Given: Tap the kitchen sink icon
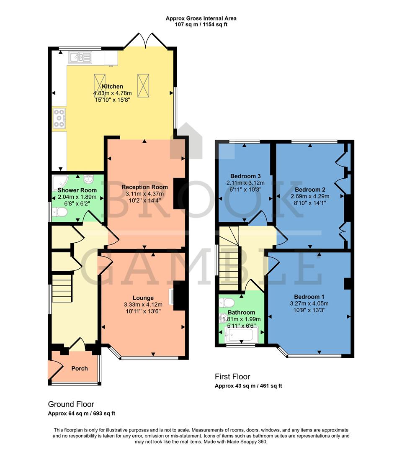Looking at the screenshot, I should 81,57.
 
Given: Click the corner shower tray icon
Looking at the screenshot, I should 59,182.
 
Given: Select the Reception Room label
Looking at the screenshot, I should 144,187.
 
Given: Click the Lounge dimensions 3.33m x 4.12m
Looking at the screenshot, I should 143,305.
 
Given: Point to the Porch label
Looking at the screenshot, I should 80,368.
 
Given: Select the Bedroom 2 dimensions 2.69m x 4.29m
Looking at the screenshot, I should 309,196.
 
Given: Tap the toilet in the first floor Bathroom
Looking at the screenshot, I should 227,302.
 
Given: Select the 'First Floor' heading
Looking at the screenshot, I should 232,377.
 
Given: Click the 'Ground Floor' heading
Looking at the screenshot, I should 71,404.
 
